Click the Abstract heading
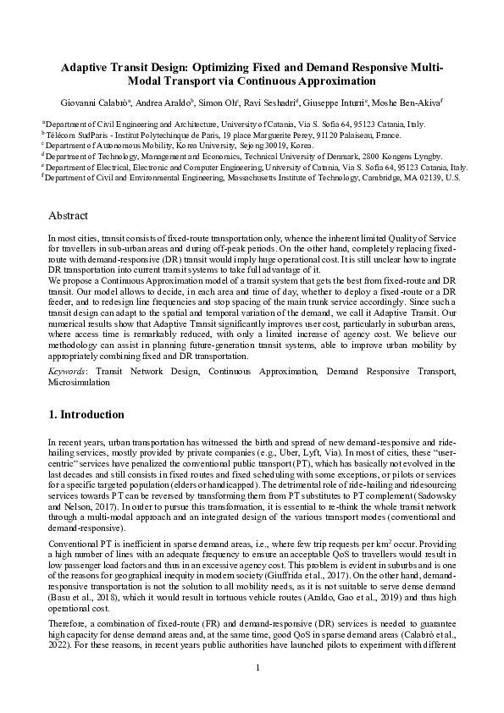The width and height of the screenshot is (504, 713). click(x=69, y=216)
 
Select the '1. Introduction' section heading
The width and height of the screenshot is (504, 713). click(x=86, y=415)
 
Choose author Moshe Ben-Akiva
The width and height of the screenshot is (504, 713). click(x=405, y=102)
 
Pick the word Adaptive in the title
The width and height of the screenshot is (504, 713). click(x=91, y=68)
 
